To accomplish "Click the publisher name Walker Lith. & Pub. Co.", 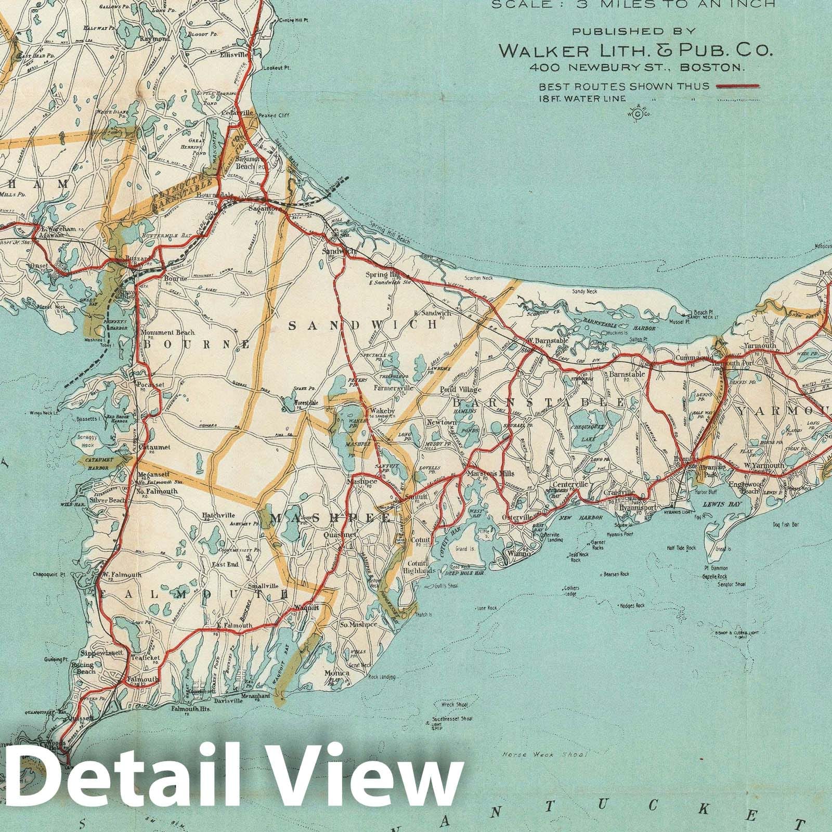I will [x=635, y=50].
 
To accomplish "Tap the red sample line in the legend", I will [x=738, y=86].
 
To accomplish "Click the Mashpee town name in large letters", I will [x=331, y=518].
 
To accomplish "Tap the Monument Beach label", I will [x=165, y=332].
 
